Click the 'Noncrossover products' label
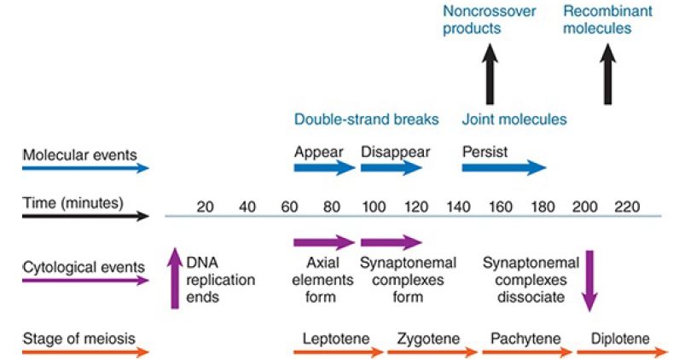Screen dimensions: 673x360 [x=490, y=20]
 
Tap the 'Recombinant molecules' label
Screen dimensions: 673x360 [x=608, y=20]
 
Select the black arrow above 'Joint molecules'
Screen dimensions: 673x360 [x=490, y=74]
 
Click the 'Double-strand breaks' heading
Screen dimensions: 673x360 [x=367, y=119]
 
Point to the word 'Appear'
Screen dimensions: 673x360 [x=319, y=152]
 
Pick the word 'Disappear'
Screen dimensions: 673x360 [x=395, y=152]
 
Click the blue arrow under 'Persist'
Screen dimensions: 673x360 [x=504, y=167]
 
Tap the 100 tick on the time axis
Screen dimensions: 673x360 [x=374, y=206]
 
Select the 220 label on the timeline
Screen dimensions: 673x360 [x=627, y=206]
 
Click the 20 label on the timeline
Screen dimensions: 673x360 [x=206, y=206]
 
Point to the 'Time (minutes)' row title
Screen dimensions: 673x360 [x=73, y=202]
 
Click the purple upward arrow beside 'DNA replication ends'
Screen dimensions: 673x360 [x=175, y=278]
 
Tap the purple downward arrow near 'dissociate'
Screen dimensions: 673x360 [x=589, y=281]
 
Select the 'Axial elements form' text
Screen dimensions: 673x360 [x=322, y=280]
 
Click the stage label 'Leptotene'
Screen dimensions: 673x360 [x=336, y=339]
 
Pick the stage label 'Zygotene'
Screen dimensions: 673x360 [x=428, y=339]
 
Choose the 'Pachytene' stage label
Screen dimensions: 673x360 [x=525, y=339]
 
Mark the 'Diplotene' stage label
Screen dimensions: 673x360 [x=620, y=339]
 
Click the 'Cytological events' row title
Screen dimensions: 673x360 [x=84, y=267]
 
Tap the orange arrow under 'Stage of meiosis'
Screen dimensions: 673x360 [x=85, y=352]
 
